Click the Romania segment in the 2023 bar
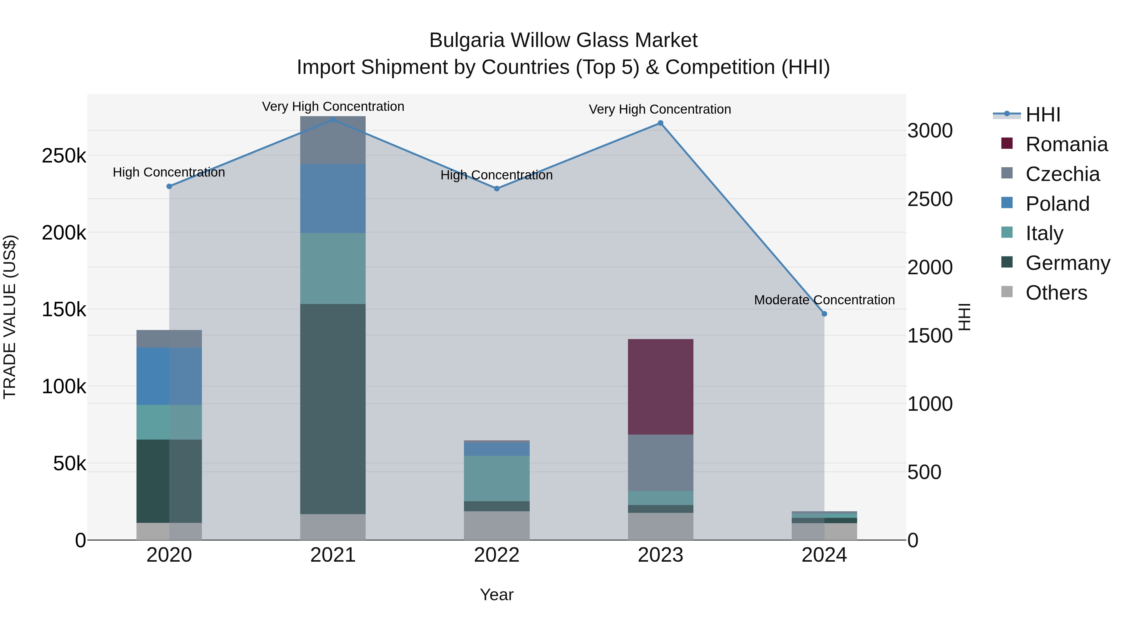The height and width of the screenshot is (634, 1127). tap(660, 387)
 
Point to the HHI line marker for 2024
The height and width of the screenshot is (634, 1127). tap(824, 314)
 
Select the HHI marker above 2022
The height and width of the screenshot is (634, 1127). tap(497, 188)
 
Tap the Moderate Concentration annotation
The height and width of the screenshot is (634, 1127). tap(824, 300)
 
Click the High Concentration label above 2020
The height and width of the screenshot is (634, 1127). tap(169, 173)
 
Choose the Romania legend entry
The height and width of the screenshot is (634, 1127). tap(1066, 144)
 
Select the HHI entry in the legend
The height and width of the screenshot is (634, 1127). tap(1042, 115)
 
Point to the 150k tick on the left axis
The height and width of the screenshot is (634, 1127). tap(64, 310)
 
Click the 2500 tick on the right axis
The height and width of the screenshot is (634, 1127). tap(930, 199)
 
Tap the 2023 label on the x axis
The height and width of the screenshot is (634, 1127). tap(660, 555)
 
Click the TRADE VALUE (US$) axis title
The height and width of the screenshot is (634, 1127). tap(10, 317)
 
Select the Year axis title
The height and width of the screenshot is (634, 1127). tap(497, 595)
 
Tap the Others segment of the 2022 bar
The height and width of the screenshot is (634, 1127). tap(497, 525)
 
